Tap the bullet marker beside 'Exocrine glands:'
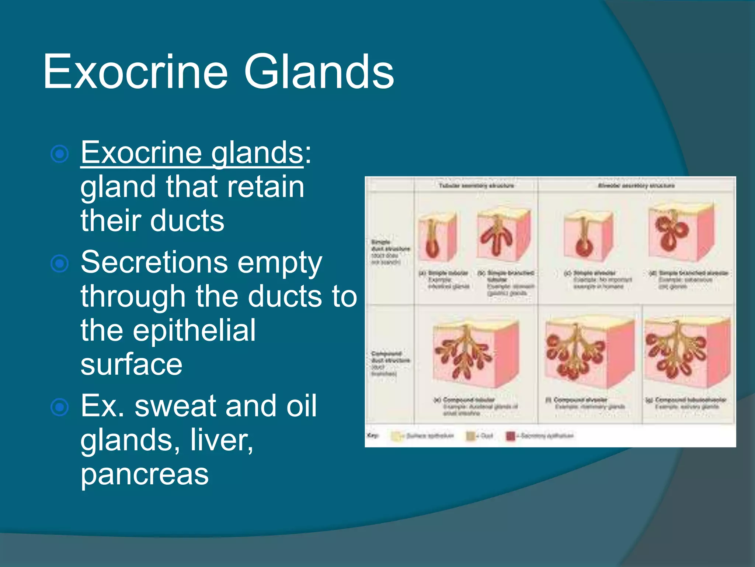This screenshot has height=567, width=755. (x=60, y=154)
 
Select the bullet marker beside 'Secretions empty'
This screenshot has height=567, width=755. (x=60, y=264)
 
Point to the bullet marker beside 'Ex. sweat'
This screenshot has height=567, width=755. (x=60, y=407)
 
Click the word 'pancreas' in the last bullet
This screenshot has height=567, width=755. (x=145, y=475)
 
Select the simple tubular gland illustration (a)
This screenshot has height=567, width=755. (x=437, y=236)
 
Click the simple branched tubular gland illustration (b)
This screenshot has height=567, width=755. (x=503, y=235)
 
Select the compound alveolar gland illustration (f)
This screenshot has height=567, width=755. (x=588, y=353)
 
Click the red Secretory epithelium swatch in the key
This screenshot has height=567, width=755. (x=511, y=436)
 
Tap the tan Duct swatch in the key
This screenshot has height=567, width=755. (x=471, y=436)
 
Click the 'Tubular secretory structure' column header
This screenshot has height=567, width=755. (x=476, y=186)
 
